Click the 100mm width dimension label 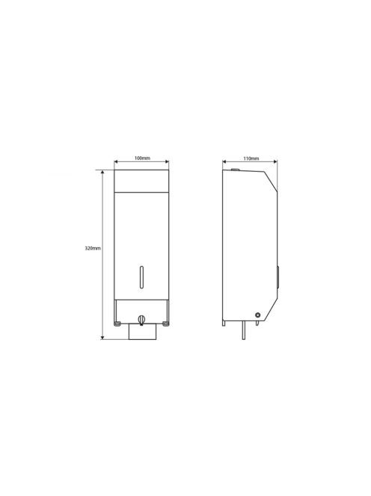pyautogui.click(x=142, y=158)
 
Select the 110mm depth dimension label pyautogui.click(x=251, y=158)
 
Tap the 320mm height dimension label pyautogui.click(x=93, y=248)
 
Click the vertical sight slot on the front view pyautogui.click(x=141, y=277)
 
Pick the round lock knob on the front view pyautogui.click(x=141, y=320)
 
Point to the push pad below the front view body pyautogui.click(x=142, y=332)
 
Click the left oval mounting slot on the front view pyautogui.click(x=117, y=323)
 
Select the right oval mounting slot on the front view pyautogui.click(x=165, y=323)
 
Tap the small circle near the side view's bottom pyautogui.click(x=258, y=315)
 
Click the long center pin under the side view pyautogui.click(x=243, y=330)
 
